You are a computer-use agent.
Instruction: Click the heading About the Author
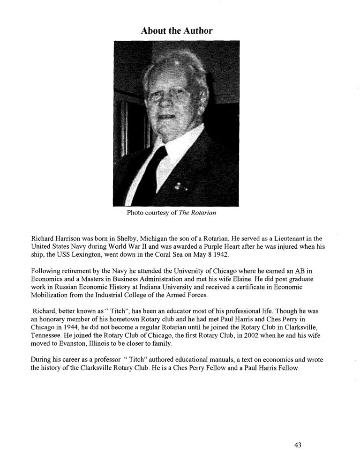177,31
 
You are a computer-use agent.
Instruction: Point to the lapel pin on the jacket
179,186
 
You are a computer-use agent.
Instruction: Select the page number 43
298,445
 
